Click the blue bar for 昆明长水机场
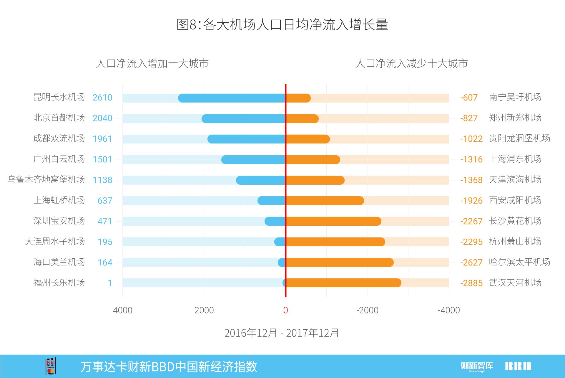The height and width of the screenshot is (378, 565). click(x=232, y=98)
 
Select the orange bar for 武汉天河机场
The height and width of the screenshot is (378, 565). click(x=343, y=283)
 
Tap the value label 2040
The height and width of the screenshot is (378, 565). click(x=102, y=118)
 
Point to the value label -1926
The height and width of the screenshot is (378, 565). click(x=471, y=201)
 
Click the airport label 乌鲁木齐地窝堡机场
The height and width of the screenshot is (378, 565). click(x=46, y=179)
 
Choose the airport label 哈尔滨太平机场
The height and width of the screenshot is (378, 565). click(x=519, y=262)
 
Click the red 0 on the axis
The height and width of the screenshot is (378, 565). click(x=285, y=310)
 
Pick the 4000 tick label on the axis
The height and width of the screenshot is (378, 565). click(x=122, y=310)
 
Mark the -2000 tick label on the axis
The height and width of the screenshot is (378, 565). click(x=367, y=310)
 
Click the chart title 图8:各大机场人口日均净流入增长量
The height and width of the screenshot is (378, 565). click(x=282, y=24)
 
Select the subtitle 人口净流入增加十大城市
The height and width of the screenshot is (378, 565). click(x=152, y=63)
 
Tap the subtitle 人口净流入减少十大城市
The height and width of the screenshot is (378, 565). click(x=411, y=63)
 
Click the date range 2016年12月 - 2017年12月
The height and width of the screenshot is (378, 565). click(x=282, y=333)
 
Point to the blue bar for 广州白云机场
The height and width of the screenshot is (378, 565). click(x=253, y=160)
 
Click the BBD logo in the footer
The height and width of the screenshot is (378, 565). click(x=518, y=366)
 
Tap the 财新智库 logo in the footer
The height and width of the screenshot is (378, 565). click(x=477, y=366)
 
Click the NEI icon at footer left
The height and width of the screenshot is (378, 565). click(x=51, y=367)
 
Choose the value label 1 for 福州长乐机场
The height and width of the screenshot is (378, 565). click(x=109, y=283)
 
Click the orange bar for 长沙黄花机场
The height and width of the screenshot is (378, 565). click(x=333, y=221)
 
